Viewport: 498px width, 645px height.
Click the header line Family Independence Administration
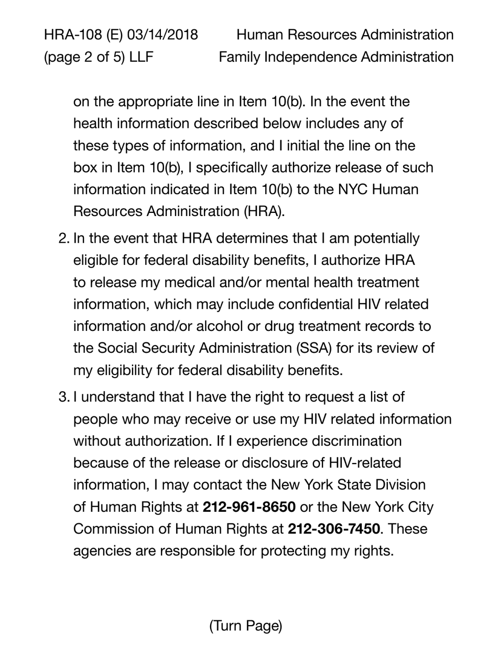tap(336, 57)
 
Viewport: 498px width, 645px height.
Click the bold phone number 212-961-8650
tap(249, 507)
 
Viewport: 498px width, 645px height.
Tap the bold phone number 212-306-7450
tap(334, 529)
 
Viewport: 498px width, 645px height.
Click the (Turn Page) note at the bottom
tap(246, 626)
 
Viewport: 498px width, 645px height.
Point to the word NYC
tap(352, 189)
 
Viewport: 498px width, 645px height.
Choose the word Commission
tap(113, 529)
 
